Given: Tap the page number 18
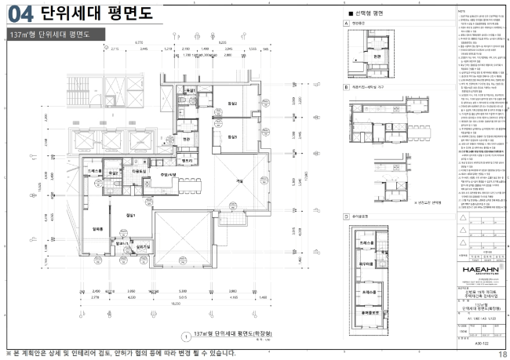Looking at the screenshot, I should (x=502, y=355).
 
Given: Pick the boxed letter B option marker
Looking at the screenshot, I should (x=346, y=88).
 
